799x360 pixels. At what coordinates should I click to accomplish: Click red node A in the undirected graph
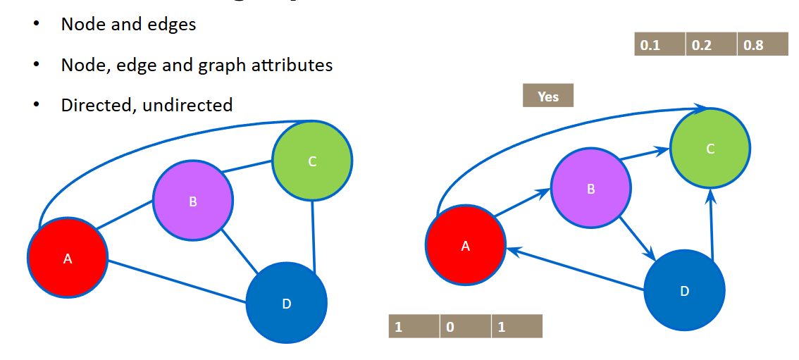[68, 257]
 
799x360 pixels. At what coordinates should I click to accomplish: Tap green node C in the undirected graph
[312, 161]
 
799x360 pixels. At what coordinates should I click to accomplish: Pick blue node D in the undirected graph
[286, 303]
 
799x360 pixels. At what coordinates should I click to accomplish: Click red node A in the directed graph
[465, 245]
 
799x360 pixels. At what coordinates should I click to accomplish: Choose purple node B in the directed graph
[590, 188]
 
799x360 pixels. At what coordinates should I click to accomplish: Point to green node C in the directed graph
[710, 148]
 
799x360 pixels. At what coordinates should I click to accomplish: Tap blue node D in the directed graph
[684, 290]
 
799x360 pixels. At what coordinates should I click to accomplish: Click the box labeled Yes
[548, 96]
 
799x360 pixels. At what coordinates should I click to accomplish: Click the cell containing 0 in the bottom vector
[465, 327]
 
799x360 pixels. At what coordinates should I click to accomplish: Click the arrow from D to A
[578, 269]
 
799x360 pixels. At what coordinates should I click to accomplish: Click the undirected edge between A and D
[176, 283]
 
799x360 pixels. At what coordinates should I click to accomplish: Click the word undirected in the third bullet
[187, 106]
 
